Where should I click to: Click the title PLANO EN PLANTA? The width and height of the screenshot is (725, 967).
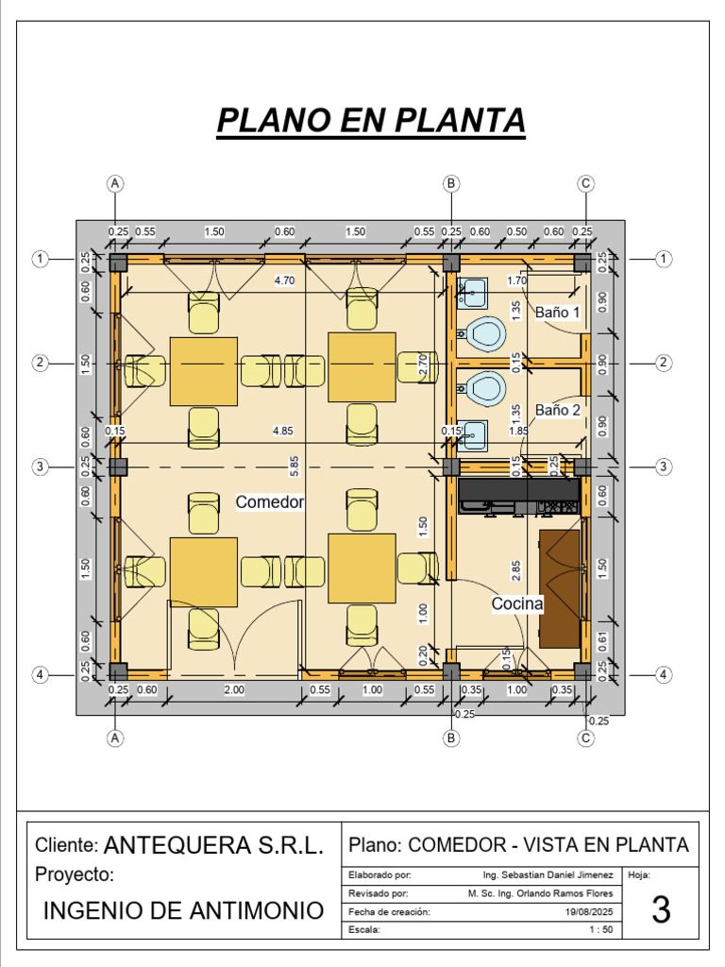(371, 121)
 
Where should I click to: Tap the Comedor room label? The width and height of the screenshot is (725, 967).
(270, 502)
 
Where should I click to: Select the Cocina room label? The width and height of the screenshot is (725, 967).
(517, 603)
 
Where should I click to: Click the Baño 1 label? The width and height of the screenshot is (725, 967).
(558, 312)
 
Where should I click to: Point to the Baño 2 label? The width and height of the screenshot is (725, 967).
(558, 410)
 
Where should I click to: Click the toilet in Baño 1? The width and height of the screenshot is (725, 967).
(483, 333)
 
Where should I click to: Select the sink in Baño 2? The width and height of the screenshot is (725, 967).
(473, 434)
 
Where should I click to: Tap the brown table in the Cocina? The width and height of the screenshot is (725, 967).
(560, 588)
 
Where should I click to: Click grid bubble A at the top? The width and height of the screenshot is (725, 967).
(115, 182)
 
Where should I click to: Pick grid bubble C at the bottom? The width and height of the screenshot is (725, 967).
(586, 738)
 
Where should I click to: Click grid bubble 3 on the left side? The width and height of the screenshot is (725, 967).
(41, 467)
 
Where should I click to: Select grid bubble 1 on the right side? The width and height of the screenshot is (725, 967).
(665, 259)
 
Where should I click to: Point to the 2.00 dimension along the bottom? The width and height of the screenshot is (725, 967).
(234, 689)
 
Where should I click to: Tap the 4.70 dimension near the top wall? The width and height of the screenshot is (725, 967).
(284, 280)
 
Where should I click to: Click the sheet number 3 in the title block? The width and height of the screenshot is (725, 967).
(662, 910)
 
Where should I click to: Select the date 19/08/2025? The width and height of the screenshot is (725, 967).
(589, 912)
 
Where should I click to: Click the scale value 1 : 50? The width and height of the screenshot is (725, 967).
(601, 930)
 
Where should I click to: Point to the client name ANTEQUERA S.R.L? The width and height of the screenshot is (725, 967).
(213, 845)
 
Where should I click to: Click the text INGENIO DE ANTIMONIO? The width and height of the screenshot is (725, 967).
(184, 911)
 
